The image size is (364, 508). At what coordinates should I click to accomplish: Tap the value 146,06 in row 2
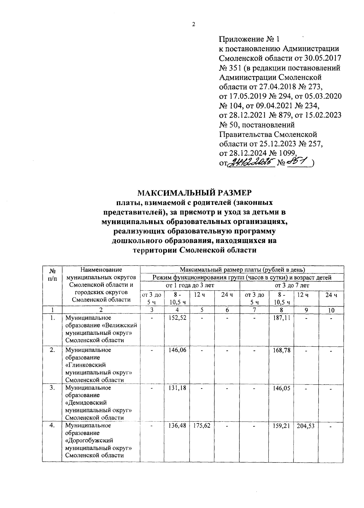pos(177,350)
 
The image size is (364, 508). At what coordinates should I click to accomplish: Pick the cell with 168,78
pos(281,350)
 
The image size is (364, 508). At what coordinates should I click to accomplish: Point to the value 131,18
pos(177,388)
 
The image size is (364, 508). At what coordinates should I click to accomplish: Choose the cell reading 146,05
pos(281,388)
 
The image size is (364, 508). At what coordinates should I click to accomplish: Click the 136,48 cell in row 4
pos(177,426)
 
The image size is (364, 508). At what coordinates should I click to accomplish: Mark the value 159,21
pos(281,426)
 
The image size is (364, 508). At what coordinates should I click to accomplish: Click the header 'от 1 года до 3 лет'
pos(190,285)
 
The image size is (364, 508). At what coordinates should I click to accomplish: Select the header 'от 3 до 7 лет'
pos(292,285)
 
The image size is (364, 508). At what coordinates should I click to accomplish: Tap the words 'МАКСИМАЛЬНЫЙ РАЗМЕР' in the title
pos(194,193)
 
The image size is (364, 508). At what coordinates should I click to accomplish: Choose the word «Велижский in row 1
pos(120,325)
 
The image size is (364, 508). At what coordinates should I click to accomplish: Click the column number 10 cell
pos(331,310)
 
